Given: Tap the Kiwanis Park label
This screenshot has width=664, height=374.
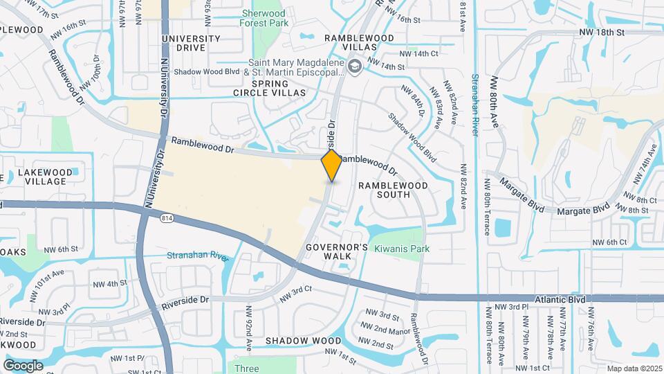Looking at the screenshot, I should (402, 249).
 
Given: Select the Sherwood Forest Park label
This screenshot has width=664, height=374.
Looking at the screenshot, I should (262, 18).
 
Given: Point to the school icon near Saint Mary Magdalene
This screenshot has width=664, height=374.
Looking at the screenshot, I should (355, 66).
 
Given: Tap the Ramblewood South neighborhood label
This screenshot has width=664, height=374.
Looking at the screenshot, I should (393, 190).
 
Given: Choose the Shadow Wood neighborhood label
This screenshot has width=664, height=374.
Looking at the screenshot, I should (303, 341).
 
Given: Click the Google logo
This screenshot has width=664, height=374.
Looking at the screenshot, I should (23, 365).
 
